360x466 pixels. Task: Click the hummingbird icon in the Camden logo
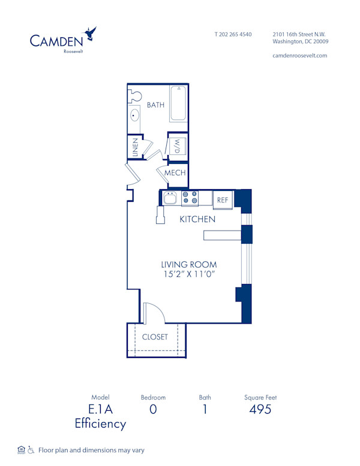click(x=91, y=33)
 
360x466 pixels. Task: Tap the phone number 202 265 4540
click(x=233, y=34)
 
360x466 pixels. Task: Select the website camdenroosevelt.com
click(x=299, y=55)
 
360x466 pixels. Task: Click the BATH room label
click(x=155, y=104)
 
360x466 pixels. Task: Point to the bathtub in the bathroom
click(x=178, y=103)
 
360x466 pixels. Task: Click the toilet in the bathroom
click(x=135, y=94)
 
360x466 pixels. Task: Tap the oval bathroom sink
click(x=134, y=116)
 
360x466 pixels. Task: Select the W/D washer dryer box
click(x=178, y=146)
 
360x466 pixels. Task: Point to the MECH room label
click(x=175, y=173)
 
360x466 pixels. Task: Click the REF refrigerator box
click(x=223, y=199)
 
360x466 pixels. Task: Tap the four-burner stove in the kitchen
click(x=190, y=198)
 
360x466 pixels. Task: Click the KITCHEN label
click(x=197, y=219)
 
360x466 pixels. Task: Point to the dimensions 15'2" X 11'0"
click(x=188, y=274)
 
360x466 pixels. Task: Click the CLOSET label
click(x=155, y=337)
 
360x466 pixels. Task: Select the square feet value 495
click(x=260, y=410)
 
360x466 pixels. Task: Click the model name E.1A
click(x=100, y=410)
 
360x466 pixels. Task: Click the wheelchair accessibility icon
click(x=31, y=450)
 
